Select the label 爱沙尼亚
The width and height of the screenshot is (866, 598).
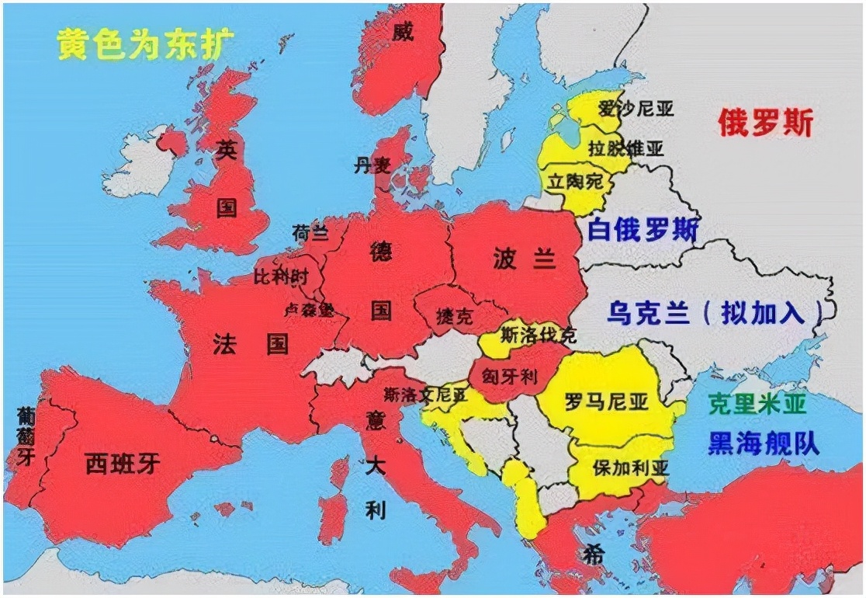click(636, 109)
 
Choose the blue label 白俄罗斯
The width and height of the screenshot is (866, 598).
click(643, 230)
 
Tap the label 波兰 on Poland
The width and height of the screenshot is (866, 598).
click(525, 260)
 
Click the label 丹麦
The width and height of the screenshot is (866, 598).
click(369, 165)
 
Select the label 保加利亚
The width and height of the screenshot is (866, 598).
click(629, 468)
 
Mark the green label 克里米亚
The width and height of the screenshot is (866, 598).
click(757, 403)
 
